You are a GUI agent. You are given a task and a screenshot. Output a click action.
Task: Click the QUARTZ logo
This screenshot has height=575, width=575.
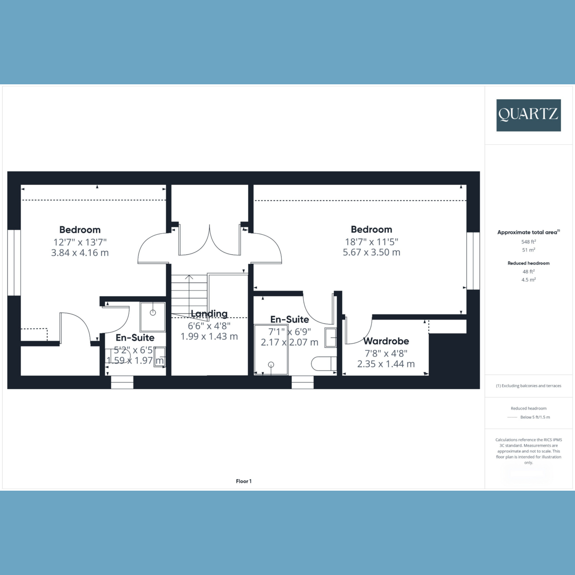[529, 115]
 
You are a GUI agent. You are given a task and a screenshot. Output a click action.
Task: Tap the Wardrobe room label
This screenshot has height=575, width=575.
[386, 341]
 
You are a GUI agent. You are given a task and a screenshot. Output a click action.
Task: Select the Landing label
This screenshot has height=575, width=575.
[209, 313]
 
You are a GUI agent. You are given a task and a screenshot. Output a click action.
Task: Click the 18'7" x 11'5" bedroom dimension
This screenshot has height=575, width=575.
[371, 241]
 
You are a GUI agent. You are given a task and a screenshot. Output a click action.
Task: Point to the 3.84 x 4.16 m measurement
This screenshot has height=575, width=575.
[80, 253]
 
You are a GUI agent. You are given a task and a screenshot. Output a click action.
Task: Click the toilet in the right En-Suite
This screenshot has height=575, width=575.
[324, 364]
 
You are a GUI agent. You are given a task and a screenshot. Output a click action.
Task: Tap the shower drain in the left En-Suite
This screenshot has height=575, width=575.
[153, 312]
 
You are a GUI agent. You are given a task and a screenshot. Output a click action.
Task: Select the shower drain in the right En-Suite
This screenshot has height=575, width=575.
[271, 364]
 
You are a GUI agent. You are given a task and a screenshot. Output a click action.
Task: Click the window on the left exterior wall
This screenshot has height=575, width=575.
[14, 263]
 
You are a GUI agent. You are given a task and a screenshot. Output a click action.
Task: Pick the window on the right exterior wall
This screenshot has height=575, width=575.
[473, 261]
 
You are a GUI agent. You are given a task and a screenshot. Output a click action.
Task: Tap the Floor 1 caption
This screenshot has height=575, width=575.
[244, 481]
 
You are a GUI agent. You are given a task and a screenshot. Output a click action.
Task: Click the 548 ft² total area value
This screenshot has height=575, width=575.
[529, 241]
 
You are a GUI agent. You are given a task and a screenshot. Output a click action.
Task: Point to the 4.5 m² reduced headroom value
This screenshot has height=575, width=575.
[529, 279]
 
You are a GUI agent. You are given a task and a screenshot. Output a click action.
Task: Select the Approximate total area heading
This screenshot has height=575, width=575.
[529, 232]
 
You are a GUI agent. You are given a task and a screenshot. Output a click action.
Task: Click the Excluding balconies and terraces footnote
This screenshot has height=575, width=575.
[529, 386]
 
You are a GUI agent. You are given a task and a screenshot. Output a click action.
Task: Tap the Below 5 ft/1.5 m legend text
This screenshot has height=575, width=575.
[535, 417]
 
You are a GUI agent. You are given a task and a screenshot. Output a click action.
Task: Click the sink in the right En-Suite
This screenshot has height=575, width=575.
[331, 337]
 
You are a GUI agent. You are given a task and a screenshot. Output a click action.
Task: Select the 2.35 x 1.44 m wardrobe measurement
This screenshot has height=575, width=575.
[386, 364]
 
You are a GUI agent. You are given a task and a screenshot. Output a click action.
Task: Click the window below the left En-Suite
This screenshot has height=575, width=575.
[122, 382]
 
